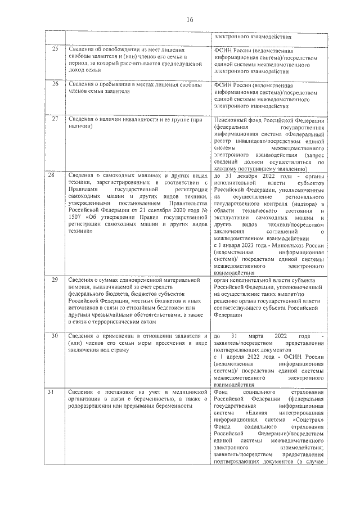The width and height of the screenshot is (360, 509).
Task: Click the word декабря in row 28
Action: [x=247, y=177]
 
